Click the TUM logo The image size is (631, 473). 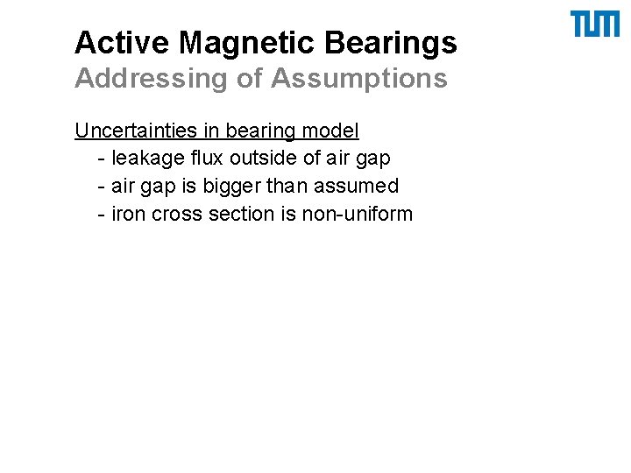pos(595,25)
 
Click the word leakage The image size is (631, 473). pos(145,159)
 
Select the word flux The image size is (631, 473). pos(204,159)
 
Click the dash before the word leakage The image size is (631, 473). pos(103,159)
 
